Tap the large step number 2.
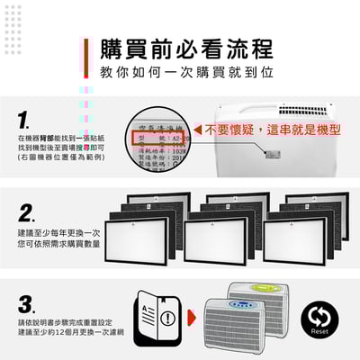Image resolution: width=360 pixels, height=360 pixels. pyautogui.click(x=28, y=214)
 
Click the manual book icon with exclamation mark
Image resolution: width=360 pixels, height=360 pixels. pyautogui.click(x=156, y=319)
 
